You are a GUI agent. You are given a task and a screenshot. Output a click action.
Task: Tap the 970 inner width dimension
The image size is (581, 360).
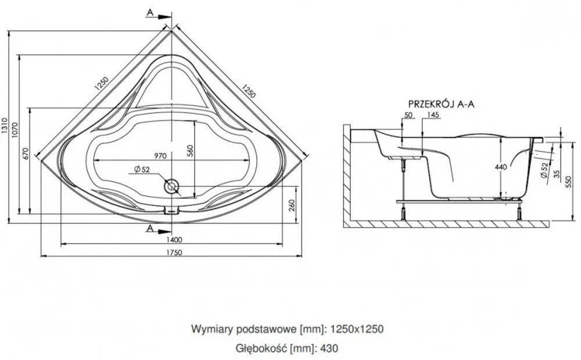(160, 156)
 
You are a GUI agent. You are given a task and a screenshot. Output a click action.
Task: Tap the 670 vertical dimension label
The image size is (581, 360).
(25, 153)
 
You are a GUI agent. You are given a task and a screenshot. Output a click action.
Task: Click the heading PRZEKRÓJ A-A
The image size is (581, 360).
(442, 104)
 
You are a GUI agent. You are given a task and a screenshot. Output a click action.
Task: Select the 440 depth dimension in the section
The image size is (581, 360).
(501, 167)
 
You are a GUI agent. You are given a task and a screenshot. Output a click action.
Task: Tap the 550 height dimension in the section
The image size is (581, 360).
(568, 181)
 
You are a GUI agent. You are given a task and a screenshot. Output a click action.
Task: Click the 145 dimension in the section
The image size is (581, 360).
(433, 115)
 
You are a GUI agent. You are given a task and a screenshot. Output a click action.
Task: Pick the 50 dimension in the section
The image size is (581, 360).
(408, 115)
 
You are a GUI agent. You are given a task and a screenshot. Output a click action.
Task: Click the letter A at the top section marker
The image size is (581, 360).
(150, 13)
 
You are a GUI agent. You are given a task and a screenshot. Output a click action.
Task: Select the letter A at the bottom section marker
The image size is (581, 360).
(150, 228)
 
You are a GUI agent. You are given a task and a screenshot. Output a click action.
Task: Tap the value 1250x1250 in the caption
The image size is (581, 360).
(357, 329)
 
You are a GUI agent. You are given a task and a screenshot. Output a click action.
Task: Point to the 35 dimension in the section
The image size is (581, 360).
(557, 174)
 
